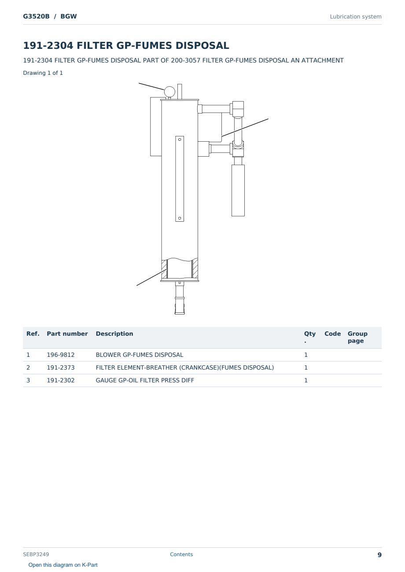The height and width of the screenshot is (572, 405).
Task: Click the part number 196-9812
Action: (61, 355)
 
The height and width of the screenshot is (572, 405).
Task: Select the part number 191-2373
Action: (61, 367)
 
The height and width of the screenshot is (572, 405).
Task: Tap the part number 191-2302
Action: (61, 380)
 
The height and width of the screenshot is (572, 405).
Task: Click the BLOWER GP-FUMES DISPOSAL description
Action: (139, 355)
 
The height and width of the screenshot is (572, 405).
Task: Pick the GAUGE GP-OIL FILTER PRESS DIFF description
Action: (145, 380)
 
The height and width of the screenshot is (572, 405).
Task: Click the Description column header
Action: (114, 334)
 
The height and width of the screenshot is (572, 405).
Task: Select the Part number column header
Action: (67, 334)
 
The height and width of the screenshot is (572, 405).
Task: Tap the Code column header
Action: (332, 334)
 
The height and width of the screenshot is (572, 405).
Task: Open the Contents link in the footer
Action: (181, 554)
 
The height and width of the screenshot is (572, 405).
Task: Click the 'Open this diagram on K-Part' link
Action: (63, 565)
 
